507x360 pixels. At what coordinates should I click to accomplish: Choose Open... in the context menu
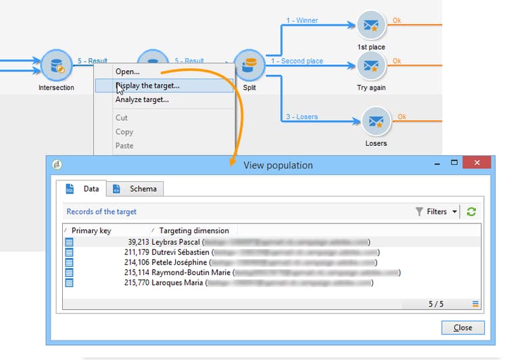tap(128, 72)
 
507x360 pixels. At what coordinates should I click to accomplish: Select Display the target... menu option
tap(147, 86)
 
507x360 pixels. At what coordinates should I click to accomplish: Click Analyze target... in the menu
tap(142, 100)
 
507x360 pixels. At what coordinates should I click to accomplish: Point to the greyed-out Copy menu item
tap(124, 132)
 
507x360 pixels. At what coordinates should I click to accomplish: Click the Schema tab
tap(137, 189)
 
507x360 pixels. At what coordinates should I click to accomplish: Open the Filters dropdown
tap(437, 211)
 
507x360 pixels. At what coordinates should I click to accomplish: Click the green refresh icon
tap(471, 211)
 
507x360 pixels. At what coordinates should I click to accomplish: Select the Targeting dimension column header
tap(194, 230)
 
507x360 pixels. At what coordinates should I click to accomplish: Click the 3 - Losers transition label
tap(299, 117)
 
